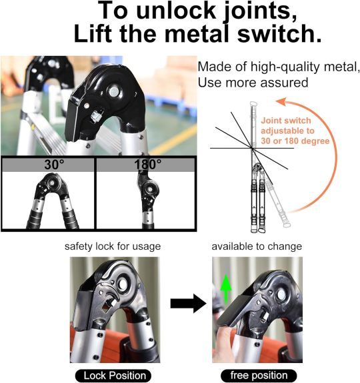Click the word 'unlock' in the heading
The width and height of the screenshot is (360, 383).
point(176,11)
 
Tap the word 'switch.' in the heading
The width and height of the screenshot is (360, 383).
point(279,34)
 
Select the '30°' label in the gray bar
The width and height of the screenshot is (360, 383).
point(54,165)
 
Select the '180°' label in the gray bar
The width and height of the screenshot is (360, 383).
point(147,165)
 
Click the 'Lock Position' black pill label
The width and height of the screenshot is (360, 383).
point(113,376)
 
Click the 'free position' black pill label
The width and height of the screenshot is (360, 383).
point(259,376)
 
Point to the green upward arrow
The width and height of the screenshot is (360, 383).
point(226,289)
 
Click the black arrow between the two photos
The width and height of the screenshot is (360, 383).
point(188,304)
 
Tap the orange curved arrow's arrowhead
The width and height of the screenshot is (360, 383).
point(281,102)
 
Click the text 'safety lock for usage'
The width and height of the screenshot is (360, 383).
point(113,246)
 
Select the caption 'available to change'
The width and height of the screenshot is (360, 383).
point(257,246)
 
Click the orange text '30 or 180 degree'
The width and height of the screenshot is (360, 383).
point(295,141)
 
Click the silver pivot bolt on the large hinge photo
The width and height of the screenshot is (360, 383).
point(114,92)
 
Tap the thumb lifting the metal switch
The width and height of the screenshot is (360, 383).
point(223,338)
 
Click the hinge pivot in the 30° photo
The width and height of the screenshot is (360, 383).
point(52,183)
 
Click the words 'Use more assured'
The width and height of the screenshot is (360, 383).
point(253,83)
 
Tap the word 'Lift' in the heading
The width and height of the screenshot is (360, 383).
point(93,34)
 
